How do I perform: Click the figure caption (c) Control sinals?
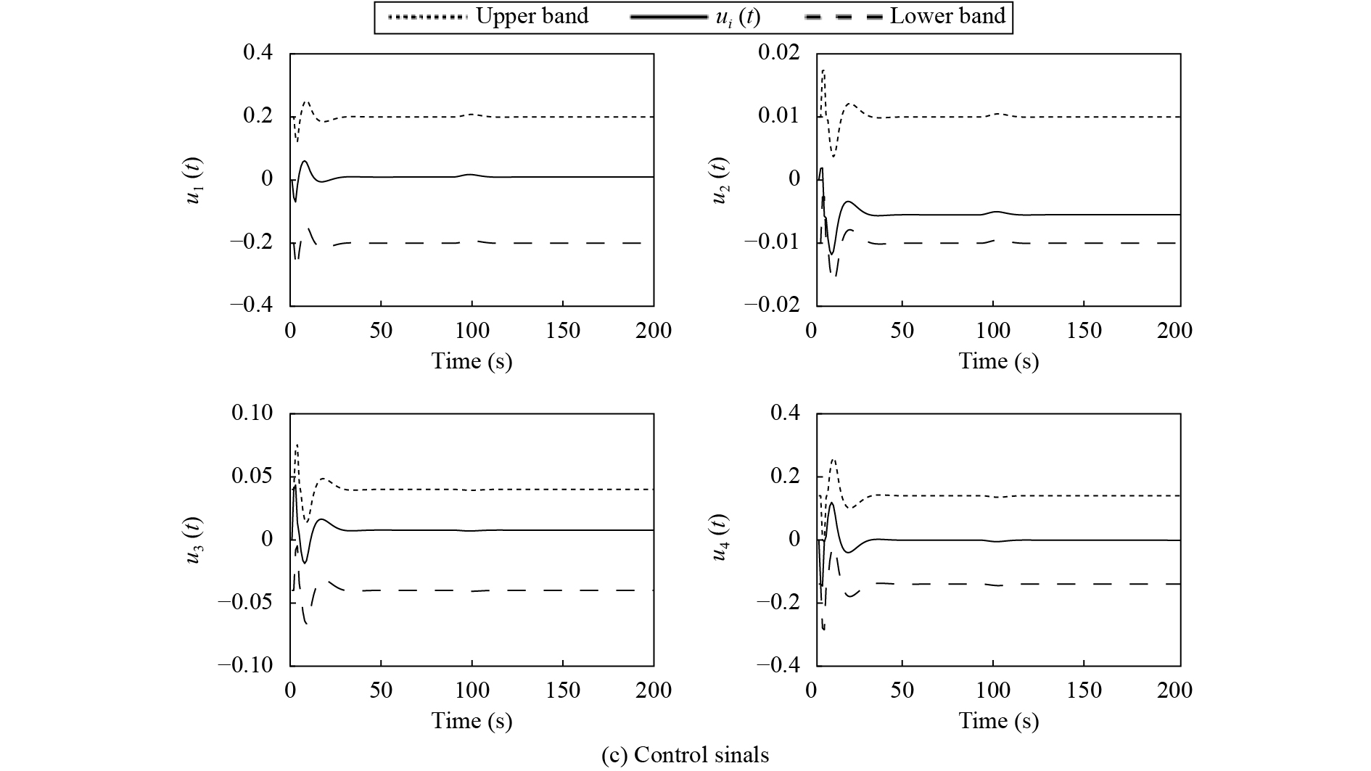(685, 755)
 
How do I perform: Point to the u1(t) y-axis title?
(194, 180)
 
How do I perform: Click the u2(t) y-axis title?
(720, 180)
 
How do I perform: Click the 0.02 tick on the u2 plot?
(778, 53)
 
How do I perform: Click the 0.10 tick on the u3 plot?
(252, 413)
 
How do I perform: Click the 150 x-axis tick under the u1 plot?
(563, 331)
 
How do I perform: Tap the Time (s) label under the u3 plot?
(472, 721)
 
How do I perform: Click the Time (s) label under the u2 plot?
(998, 361)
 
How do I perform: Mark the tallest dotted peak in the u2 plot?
(823, 70)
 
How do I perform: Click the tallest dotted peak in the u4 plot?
(833, 459)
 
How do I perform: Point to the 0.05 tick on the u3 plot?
(252, 477)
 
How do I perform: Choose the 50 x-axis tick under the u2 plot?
(902, 331)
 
